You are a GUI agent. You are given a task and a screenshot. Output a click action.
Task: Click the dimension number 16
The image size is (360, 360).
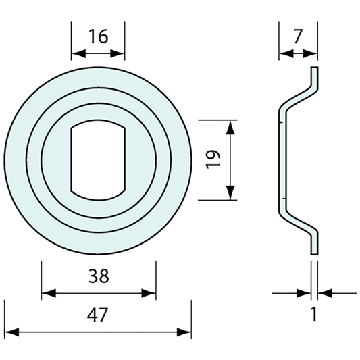point(98,36)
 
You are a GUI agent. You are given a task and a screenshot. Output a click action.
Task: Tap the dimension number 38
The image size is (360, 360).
point(99,276)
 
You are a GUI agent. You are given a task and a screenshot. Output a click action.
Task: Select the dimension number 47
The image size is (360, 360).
point(97,315)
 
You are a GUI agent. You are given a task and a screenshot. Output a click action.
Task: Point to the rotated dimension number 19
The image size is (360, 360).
point(213,159)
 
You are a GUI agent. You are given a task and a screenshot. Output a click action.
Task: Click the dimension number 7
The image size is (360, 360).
point(298,36)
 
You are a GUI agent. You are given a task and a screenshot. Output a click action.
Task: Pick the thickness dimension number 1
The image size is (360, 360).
point(313,314)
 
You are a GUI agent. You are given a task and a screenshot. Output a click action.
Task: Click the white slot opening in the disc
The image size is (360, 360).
point(98,160)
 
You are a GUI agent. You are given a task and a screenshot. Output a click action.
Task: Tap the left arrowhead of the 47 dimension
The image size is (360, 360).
point(11,332)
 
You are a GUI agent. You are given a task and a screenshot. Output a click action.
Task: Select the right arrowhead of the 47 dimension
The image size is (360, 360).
point(184,332)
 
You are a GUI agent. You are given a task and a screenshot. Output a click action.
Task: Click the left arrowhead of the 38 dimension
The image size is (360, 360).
point(49,293)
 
